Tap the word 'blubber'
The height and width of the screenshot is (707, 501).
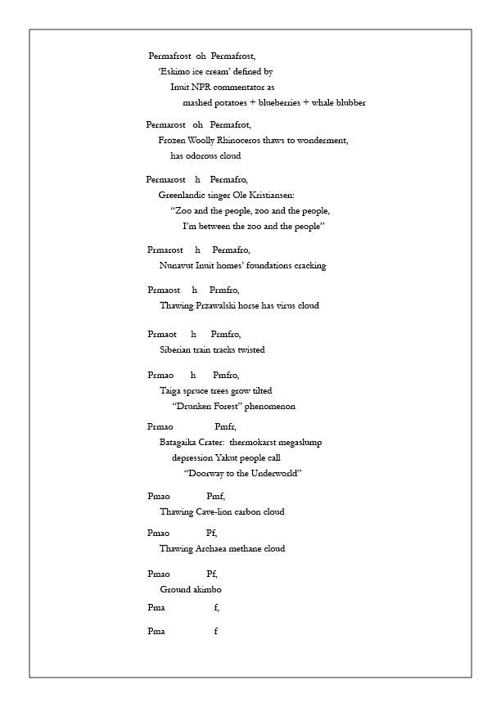point(350,103)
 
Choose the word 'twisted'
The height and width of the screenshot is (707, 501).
point(249,349)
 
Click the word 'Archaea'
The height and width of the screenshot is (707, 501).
point(214,548)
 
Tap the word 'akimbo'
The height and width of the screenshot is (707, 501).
point(205,589)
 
